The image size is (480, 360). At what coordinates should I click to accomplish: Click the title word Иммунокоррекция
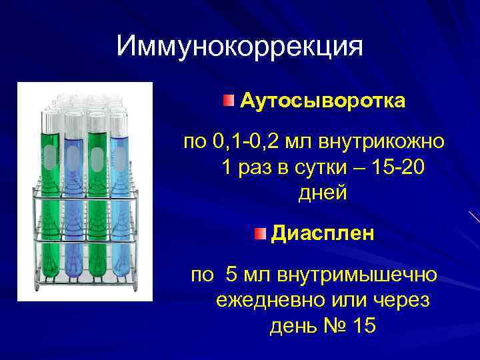pyautogui.click(x=239, y=47)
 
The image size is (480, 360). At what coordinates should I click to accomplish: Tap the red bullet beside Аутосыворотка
pyautogui.click(x=229, y=101)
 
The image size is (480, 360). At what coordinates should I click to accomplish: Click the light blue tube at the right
pyautogui.click(x=119, y=200)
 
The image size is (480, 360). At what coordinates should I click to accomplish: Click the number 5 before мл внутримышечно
pyautogui.click(x=232, y=274)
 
